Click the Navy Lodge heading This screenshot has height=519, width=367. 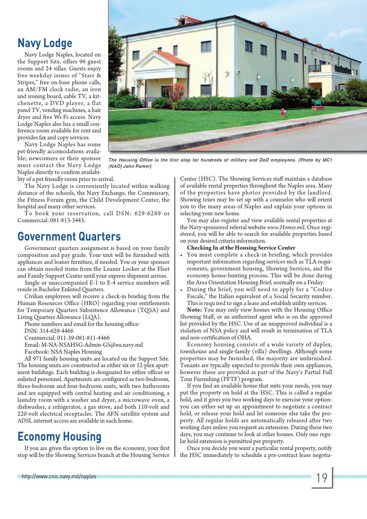pyautogui.click(x=45, y=43)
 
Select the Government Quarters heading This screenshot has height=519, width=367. pyautogui.click(x=69, y=236)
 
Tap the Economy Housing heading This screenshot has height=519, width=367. pyautogui.click(x=59, y=436)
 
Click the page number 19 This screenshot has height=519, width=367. pyautogui.click(x=322, y=478)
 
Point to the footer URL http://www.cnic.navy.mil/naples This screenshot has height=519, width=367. pyautogui.click(x=59, y=477)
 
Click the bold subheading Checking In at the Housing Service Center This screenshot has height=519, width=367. pyautogui.click(x=241, y=248)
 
